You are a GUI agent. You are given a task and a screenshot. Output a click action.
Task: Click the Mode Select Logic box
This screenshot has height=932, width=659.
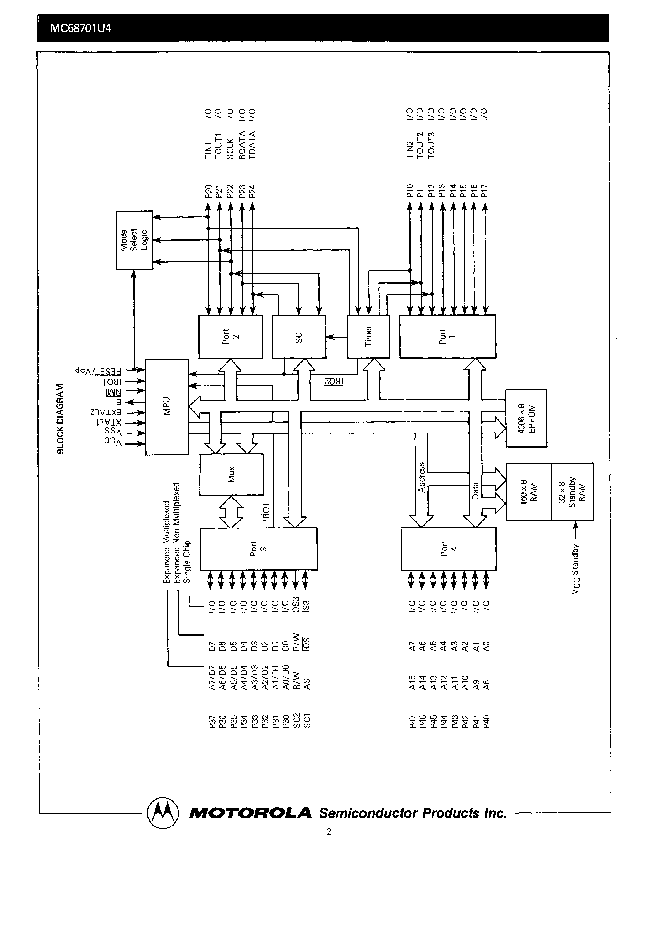click(135, 240)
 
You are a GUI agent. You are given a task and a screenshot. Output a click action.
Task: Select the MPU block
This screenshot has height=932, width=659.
click(167, 407)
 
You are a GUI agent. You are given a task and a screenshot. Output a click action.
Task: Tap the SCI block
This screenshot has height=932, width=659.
click(299, 337)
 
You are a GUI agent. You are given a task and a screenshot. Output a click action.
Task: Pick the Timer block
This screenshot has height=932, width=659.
click(368, 337)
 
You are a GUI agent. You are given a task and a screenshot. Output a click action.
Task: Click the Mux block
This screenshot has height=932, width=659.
click(231, 474)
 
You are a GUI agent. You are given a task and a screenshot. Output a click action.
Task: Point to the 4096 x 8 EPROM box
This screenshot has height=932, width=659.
click(526, 418)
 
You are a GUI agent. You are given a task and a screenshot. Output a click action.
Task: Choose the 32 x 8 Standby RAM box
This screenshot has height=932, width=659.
click(572, 491)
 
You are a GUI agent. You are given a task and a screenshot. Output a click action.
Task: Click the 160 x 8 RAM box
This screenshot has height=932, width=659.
click(529, 491)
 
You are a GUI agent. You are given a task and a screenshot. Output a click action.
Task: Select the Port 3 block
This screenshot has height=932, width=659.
click(258, 549)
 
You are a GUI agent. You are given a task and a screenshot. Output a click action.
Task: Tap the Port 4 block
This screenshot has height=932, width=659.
click(448, 549)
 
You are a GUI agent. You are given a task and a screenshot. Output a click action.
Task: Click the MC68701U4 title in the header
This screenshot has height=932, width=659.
click(80, 28)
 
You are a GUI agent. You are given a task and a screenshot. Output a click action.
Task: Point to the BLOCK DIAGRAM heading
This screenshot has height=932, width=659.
click(61, 419)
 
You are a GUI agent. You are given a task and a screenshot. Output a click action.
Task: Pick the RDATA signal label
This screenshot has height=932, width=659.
click(242, 145)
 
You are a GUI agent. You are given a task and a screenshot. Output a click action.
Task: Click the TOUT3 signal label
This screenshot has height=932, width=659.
click(432, 145)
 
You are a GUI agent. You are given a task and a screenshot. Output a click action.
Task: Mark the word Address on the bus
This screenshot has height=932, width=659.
click(421, 477)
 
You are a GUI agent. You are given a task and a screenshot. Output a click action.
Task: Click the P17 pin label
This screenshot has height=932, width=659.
click(484, 191)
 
